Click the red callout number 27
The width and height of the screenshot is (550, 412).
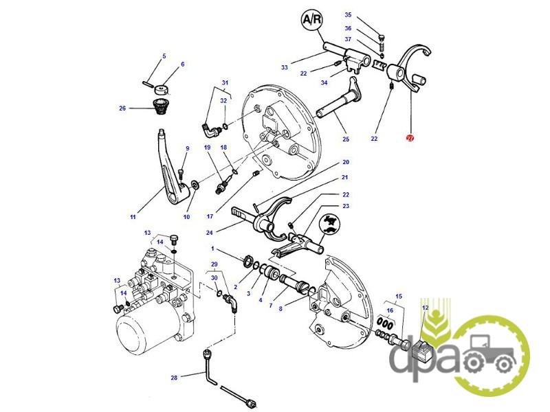coord(410,138)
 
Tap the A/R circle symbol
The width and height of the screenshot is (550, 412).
coord(312,19)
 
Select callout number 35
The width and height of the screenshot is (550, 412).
coord(348,14)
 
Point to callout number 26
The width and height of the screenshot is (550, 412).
coord(122,108)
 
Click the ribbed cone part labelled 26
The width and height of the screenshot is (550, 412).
coord(162,106)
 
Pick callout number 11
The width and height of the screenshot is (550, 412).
coord(133,217)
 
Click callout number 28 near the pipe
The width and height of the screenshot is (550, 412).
coord(174,378)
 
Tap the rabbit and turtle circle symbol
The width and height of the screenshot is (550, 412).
coord(330,225)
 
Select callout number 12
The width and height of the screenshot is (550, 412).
coord(425,308)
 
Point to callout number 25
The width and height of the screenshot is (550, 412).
coord(346,139)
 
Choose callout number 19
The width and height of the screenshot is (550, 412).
coord(208,147)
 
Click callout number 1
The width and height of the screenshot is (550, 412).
coord(212,249)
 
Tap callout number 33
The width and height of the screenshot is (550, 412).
coord(284,67)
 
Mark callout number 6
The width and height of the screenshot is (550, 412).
coord(182,64)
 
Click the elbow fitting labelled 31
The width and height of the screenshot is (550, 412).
coord(211,130)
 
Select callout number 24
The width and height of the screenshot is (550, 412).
coord(209,233)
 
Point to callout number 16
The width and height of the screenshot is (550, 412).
coord(390,310)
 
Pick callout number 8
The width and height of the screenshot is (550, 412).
coord(280,308)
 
